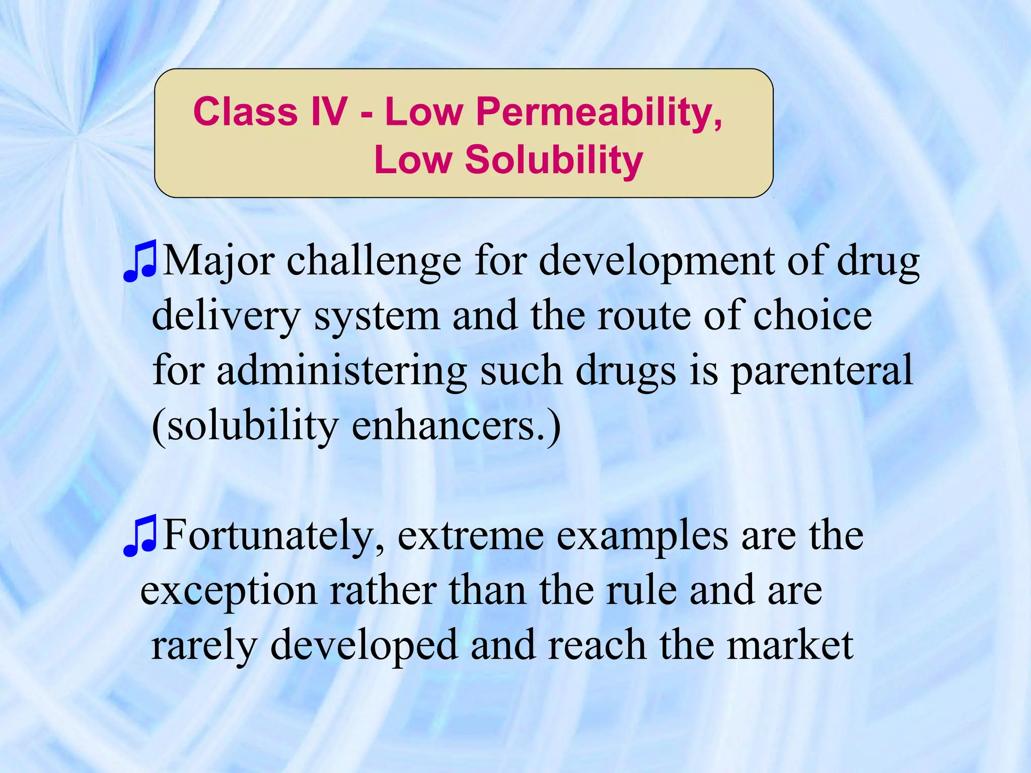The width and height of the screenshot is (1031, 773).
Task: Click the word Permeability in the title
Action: click(x=599, y=112)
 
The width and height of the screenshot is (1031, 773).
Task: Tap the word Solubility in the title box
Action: click(x=554, y=160)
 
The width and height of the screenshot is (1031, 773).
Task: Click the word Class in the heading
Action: click(x=245, y=111)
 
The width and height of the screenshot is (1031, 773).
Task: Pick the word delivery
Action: click(x=226, y=316)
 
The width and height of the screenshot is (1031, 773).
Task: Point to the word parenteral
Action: click(x=822, y=371)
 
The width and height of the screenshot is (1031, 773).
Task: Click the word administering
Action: click(x=342, y=371)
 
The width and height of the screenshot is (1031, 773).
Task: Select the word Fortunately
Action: click(x=274, y=536)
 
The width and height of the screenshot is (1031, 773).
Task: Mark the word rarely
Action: click(x=204, y=646)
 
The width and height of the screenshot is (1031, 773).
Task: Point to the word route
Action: click(x=644, y=317)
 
